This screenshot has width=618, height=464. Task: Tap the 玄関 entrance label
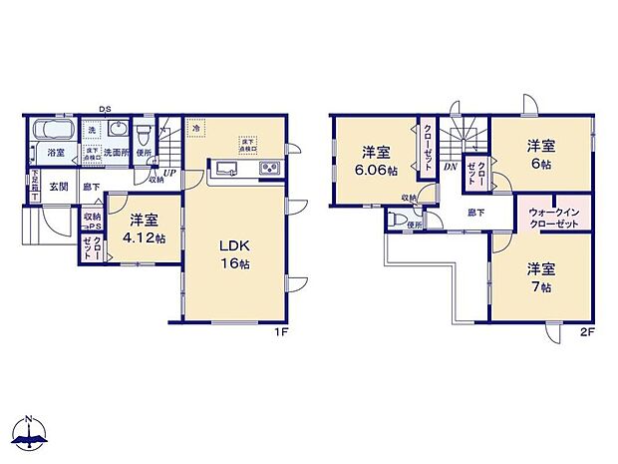coord(59,186)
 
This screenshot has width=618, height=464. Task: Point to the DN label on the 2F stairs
coord(451,167)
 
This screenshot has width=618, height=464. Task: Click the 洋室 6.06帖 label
coord(376,161)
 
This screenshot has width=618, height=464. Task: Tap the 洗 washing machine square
coord(91,131)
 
